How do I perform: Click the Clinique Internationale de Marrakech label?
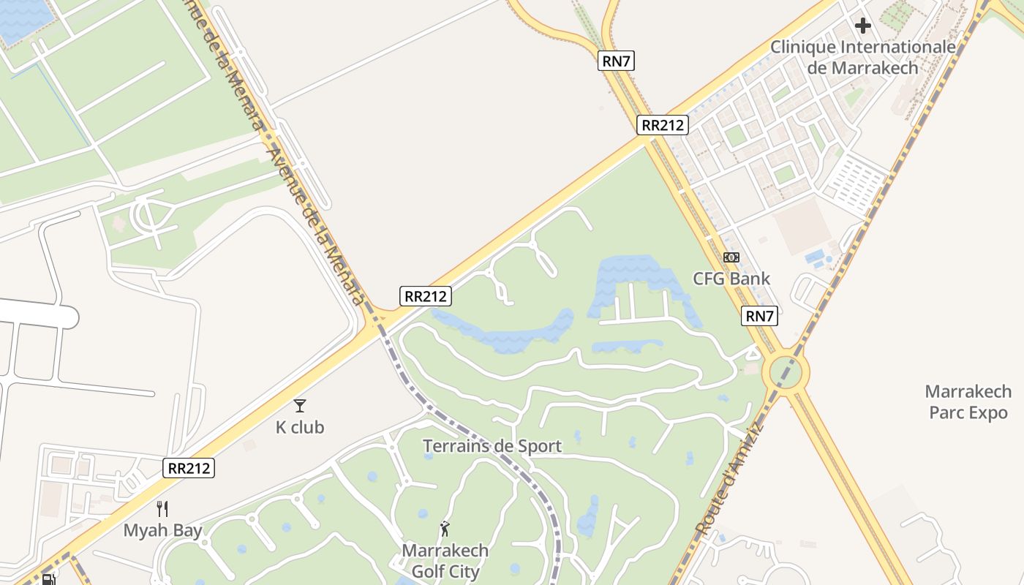click(x=862, y=58)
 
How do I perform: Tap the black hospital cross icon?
click(x=863, y=26)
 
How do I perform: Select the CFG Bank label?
click(x=731, y=279)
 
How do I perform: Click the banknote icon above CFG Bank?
click(x=731, y=257)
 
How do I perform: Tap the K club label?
click(x=300, y=427)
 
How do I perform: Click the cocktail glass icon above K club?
click(x=300, y=406)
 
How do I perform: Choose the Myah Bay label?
click(x=162, y=530)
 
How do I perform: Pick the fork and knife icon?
click(x=162, y=509)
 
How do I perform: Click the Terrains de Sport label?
click(x=492, y=446)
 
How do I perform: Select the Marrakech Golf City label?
click(x=445, y=560)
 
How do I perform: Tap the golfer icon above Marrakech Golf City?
click(x=445, y=529)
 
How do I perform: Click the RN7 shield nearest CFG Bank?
click(x=759, y=317)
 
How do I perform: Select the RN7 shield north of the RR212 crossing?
click(x=616, y=61)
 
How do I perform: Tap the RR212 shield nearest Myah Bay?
click(x=189, y=468)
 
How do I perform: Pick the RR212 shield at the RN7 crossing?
click(x=662, y=125)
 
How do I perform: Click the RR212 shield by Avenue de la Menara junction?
click(x=426, y=296)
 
